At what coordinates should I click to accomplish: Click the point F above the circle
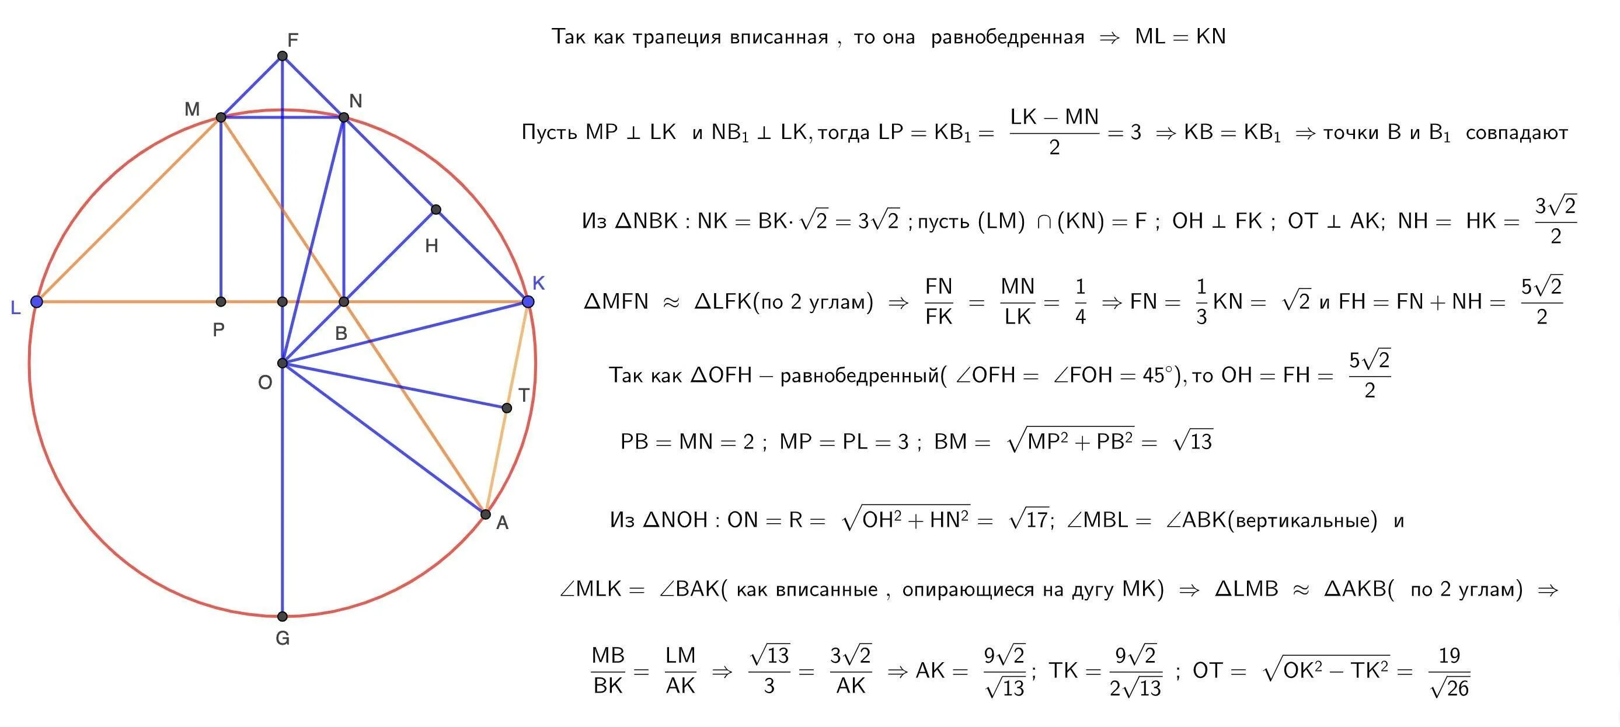pos(283,56)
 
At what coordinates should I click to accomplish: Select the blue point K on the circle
pos(528,302)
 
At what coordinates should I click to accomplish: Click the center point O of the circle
pos(283,363)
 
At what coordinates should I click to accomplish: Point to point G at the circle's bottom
pos(283,616)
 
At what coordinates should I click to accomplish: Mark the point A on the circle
pos(486,514)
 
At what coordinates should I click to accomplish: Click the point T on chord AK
pos(507,408)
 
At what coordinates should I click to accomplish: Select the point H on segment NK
pos(436,210)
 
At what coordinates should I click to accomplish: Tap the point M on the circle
pos(221,117)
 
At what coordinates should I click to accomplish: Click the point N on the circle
pos(343,117)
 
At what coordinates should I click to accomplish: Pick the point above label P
pos(221,302)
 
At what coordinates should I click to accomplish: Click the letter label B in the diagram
pos(341,333)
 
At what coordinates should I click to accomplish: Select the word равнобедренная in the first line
pos(1008,38)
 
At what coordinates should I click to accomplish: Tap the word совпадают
pos(1516,133)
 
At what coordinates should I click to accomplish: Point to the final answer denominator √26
pos(1449,689)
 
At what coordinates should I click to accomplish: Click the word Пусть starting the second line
pos(551,133)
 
